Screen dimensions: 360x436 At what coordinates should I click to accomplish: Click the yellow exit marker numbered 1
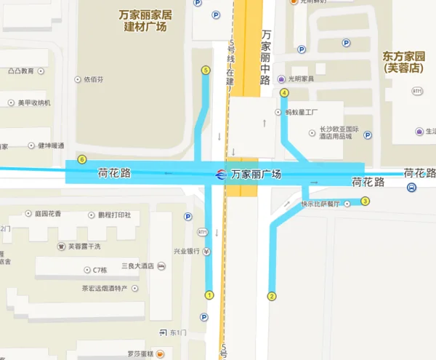[x=209, y=295]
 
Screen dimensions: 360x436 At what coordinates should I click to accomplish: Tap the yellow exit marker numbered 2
[x=272, y=296]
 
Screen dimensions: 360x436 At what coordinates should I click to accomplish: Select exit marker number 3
[x=366, y=201]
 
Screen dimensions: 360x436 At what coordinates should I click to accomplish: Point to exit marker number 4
[x=284, y=93]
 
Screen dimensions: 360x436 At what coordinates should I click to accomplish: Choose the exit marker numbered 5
[x=206, y=71]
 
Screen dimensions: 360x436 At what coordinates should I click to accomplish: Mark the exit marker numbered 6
[x=82, y=160]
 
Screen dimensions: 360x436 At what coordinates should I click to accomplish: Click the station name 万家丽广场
[x=256, y=175]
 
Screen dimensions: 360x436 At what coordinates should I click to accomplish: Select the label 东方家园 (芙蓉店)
[x=403, y=62]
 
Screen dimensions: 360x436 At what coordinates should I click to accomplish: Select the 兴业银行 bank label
[x=186, y=252]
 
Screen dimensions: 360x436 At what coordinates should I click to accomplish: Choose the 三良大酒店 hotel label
[x=138, y=266]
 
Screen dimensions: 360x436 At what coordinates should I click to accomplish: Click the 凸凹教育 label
[x=21, y=71]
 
